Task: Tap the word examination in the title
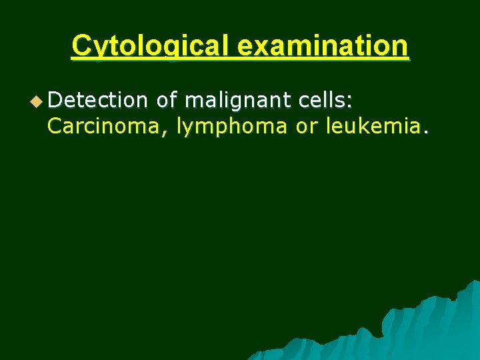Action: pos(321,46)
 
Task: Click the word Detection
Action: pos(97,100)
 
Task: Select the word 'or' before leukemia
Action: pos(306,127)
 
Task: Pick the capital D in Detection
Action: pos(54,100)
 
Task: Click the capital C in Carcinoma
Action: pos(55,126)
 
